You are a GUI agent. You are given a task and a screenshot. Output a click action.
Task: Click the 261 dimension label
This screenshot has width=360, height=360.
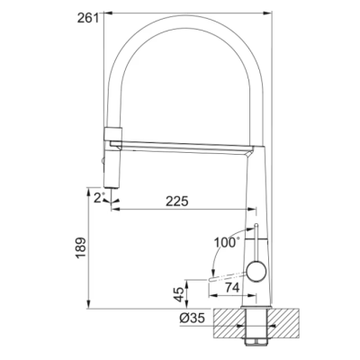(x=88, y=18)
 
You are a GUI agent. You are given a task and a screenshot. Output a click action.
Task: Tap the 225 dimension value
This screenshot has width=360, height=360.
(x=177, y=202)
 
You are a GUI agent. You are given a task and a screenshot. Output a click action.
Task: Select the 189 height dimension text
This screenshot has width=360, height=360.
(x=81, y=248)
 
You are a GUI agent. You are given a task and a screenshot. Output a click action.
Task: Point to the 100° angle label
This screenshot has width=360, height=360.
(x=227, y=242)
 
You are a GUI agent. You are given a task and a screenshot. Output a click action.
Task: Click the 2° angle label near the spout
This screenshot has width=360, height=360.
(x=99, y=198)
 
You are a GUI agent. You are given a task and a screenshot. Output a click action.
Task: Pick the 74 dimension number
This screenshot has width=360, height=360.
(x=232, y=288)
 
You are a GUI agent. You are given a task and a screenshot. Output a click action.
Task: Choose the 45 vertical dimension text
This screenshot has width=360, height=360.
(x=179, y=294)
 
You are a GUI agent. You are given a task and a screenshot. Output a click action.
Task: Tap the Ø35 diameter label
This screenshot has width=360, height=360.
(x=193, y=318)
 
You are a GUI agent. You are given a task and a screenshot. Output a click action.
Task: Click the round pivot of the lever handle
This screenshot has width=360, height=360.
(x=256, y=271)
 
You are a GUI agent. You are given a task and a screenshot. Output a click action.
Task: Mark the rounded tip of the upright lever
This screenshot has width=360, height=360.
(x=256, y=226)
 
